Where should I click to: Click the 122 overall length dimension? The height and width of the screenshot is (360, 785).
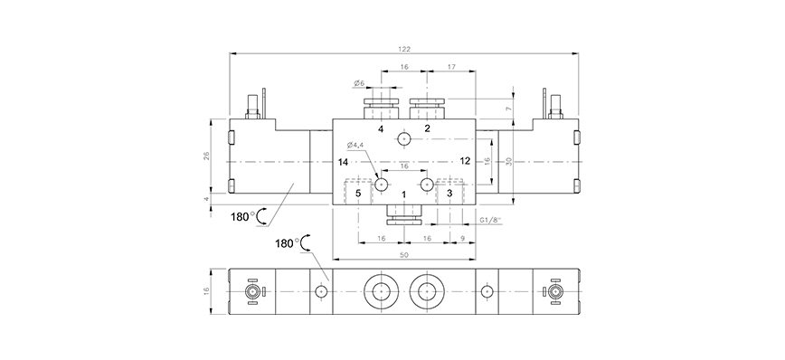(404, 49)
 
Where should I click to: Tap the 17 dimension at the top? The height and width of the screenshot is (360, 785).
(451, 67)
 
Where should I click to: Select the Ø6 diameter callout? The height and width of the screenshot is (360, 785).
(359, 83)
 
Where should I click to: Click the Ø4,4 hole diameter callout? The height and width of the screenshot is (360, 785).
(355, 146)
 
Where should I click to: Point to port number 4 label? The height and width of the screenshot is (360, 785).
(381, 129)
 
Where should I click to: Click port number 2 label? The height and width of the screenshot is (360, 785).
(427, 128)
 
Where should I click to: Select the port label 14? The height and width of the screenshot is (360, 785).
(343, 162)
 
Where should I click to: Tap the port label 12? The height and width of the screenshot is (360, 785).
(465, 161)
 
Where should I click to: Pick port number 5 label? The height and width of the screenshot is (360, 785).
(358, 194)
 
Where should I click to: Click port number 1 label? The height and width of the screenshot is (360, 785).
(404, 194)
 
